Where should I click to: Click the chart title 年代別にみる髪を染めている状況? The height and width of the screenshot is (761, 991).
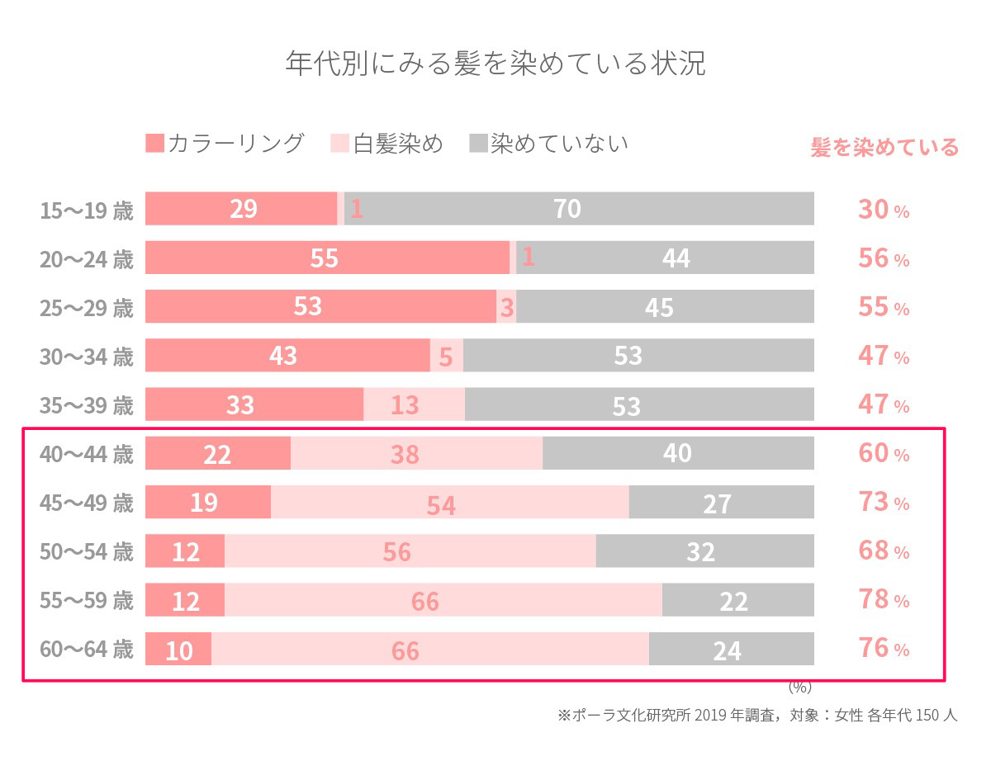click(495, 64)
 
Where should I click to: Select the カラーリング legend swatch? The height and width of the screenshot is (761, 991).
click(154, 144)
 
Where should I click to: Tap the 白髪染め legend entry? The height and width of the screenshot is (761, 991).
click(388, 144)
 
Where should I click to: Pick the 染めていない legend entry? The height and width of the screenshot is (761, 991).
click(549, 144)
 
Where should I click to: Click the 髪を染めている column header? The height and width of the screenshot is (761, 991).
click(884, 148)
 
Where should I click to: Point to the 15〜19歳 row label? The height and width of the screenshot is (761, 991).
click(87, 210)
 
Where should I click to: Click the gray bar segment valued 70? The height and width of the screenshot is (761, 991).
click(578, 209)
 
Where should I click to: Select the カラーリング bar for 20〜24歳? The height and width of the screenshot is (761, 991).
click(327, 258)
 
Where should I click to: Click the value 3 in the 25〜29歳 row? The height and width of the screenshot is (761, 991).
click(506, 307)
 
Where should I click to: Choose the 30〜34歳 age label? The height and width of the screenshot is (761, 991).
click(87, 357)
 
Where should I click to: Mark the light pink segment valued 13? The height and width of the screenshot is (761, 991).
click(413, 405)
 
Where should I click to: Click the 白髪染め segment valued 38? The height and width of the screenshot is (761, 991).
click(415, 454)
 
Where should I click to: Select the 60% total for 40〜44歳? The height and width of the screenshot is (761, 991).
click(883, 454)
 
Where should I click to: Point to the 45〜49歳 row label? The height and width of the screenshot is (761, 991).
click(87, 502)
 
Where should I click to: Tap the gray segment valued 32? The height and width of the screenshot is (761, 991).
click(704, 551)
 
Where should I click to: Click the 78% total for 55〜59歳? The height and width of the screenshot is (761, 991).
click(883, 600)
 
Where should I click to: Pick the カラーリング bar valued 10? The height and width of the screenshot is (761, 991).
click(178, 650)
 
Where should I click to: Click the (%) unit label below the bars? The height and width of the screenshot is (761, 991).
click(800, 687)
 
